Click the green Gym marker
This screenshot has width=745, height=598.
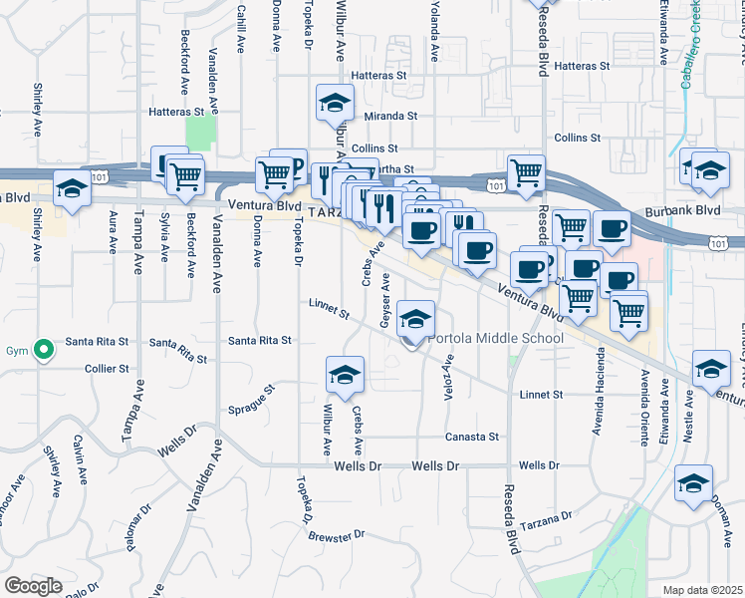(x=42, y=350)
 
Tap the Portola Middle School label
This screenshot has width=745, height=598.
(x=496, y=339)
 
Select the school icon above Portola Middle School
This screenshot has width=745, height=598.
(x=415, y=320)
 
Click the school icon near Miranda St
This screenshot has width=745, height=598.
(x=336, y=104)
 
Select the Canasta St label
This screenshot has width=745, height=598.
(x=471, y=437)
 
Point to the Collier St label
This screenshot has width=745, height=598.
(x=107, y=368)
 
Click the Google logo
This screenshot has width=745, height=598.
(x=33, y=586)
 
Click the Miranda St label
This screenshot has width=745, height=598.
(x=390, y=117)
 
